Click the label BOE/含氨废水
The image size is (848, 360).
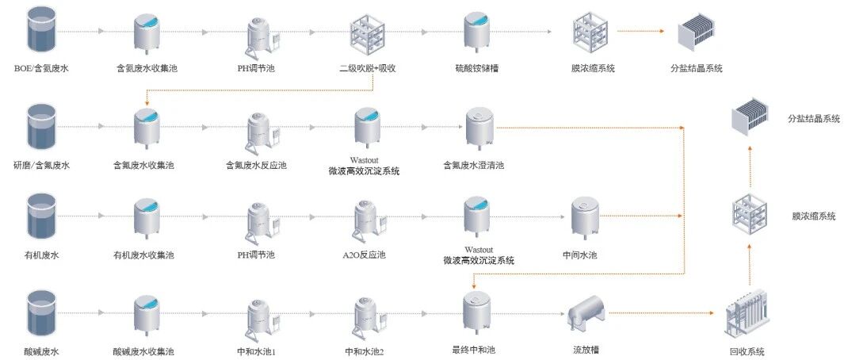pyautogui.click(x=41, y=69)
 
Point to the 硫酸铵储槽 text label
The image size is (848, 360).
pyautogui.click(x=476, y=69)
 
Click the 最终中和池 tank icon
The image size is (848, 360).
pyautogui.click(x=478, y=311)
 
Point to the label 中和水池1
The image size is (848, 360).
pyautogui.click(x=257, y=350)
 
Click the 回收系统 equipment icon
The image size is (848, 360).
pyautogui.click(x=744, y=312)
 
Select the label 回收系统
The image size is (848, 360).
pyautogui.click(x=745, y=350)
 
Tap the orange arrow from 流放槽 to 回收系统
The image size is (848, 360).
pyautogui.click(x=666, y=312)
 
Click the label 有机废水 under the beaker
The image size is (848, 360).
pyautogui.click(x=41, y=255)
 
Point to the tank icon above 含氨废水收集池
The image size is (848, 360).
pyautogui.click(x=146, y=32)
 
